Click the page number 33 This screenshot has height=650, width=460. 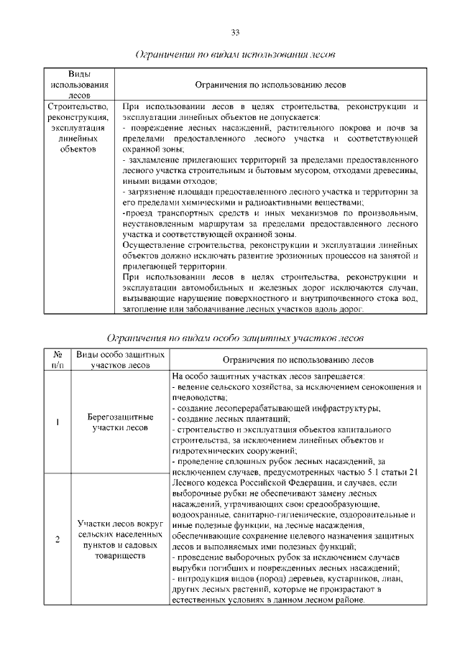pyautogui.click(x=234, y=32)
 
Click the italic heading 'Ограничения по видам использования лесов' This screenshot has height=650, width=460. pyautogui.click(x=235, y=54)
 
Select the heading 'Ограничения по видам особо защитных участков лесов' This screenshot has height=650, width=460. pyautogui.click(x=235, y=336)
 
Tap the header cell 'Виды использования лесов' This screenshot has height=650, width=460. pyautogui.click(x=78, y=84)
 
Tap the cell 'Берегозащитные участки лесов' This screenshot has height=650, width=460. pyautogui.click(x=120, y=422)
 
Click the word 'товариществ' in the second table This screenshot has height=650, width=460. pyautogui.click(x=120, y=556)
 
